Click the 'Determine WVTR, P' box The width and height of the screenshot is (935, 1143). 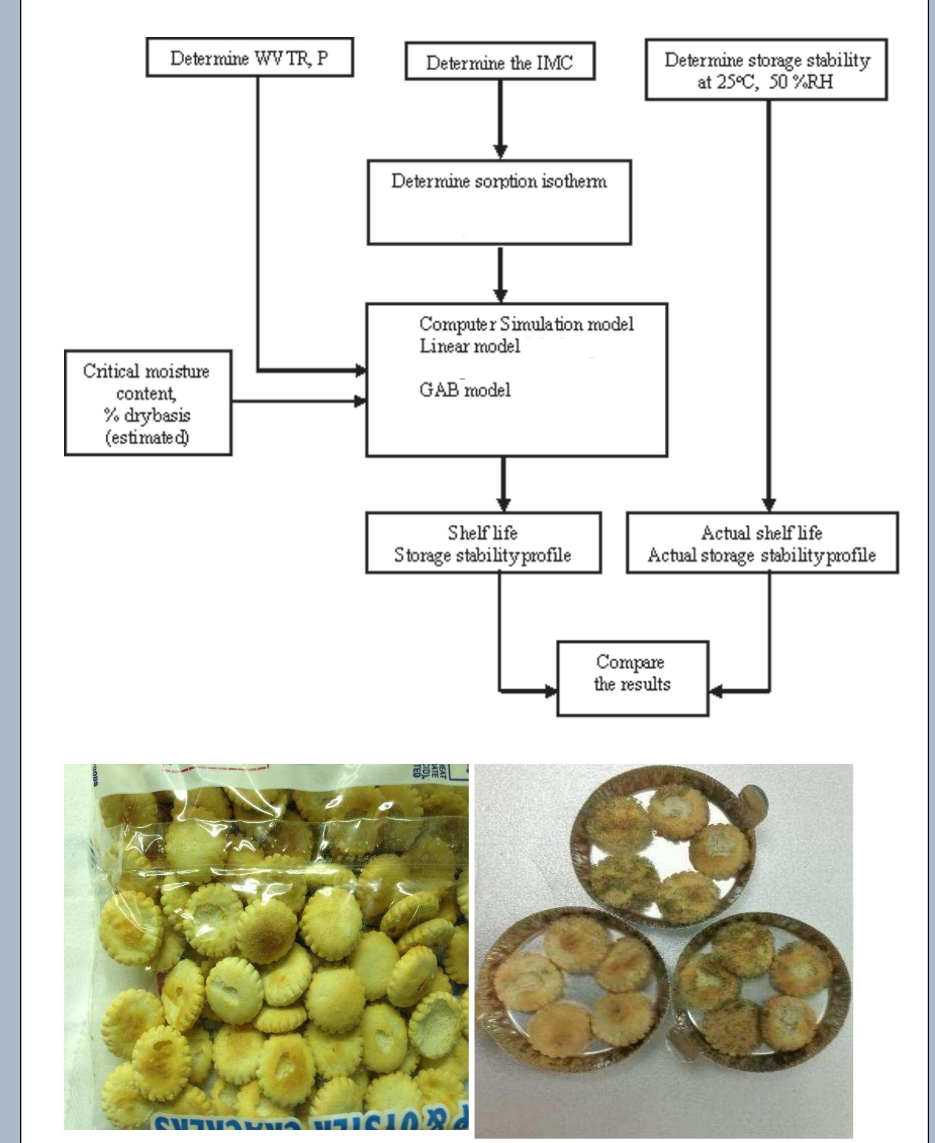[249, 57]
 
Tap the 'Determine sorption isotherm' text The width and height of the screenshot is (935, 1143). [499, 181]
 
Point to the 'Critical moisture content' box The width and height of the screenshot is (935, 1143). [148, 403]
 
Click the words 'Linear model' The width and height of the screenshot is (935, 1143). [470, 346]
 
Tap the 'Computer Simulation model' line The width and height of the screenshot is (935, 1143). [526, 324]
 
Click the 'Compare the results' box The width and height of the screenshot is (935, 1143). [632, 678]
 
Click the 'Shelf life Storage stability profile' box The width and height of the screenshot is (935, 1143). [483, 543]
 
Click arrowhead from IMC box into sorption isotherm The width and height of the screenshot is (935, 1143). [500, 152]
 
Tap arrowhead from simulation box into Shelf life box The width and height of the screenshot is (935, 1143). [503, 504]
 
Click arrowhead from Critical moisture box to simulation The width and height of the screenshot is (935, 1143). [359, 401]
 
